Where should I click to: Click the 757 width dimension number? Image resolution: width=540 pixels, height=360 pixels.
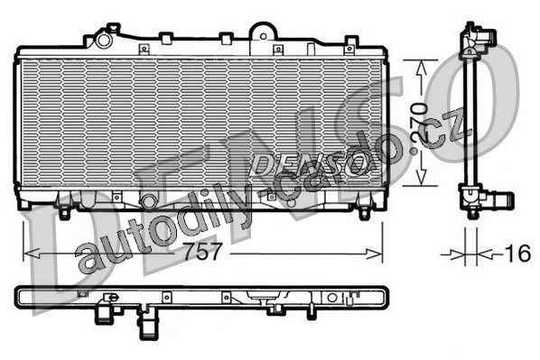tap(202, 252)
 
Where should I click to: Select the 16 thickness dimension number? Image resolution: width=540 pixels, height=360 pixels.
tap(518, 254)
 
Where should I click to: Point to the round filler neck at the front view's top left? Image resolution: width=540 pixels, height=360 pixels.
tap(103, 40)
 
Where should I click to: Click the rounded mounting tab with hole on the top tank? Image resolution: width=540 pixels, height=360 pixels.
tap(263, 35)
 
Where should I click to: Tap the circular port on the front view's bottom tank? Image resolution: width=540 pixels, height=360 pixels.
tap(149, 201)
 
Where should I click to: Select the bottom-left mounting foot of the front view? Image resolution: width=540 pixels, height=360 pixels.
tap(64, 213)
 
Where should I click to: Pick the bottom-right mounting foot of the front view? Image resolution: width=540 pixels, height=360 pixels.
tap(364, 213)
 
